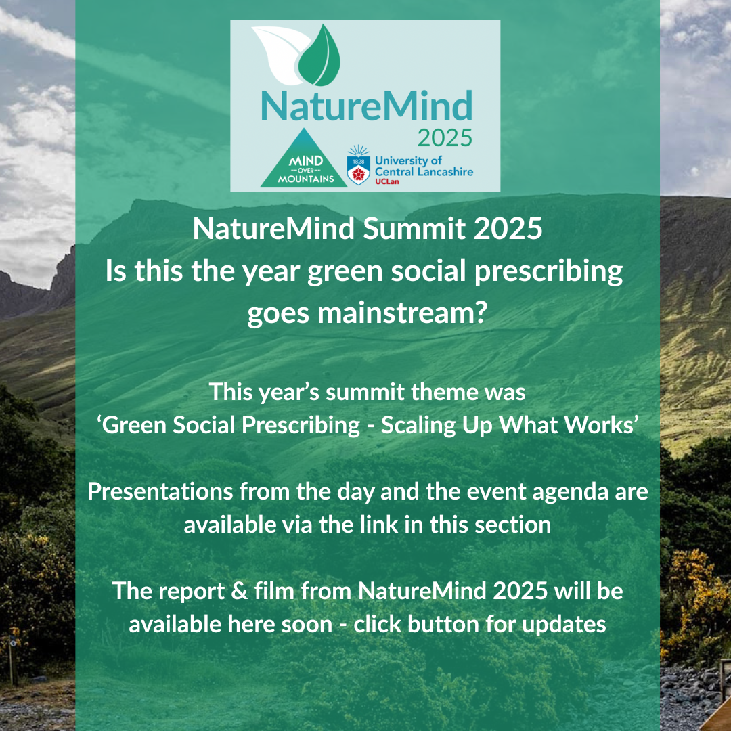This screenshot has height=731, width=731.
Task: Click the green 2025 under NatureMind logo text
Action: (x=445, y=138)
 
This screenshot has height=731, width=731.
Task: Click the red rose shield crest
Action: (x=358, y=170)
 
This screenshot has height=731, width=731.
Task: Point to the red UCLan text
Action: (x=387, y=182)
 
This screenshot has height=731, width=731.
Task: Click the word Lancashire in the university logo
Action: (x=445, y=171)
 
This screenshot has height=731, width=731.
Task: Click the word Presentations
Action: (x=160, y=492)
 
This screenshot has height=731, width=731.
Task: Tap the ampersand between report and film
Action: (x=239, y=591)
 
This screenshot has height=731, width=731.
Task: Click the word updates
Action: (x=564, y=625)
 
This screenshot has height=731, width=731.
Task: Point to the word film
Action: (x=274, y=591)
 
